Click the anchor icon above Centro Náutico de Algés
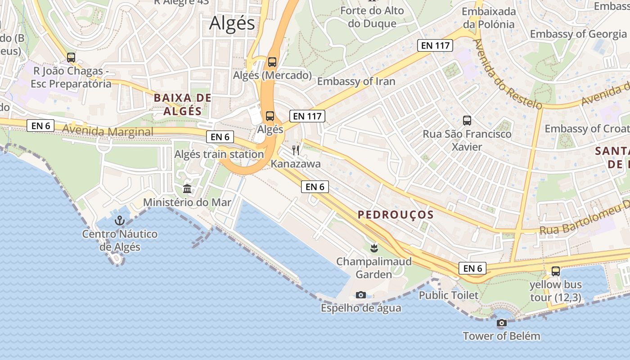pyautogui.click(x=119, y=220)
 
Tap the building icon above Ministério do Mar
pyautogui.click(x=187, y=189)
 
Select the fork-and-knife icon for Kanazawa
pyautogui.click(x=296, y=150)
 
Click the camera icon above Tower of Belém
pyautogui.click(x=501, y=323)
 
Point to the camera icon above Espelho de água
pyautogui.click(x=360, y=295)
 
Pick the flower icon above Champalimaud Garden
pyautogui.click(x=373, y=247)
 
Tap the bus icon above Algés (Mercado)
pyautogui.click(x=272, y=62)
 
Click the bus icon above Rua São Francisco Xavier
pyautogui.click(x=467, y=121)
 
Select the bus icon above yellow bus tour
pyautogui.click(x=556, y=271)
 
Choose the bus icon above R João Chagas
pyautogui.click(x=71, y=58)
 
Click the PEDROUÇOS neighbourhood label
pyautogui.click(x=396, y=215)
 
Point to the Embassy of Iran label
pyautogui.click(x=356, y=81)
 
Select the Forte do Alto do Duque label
pyautogui.click(x=372, y=17)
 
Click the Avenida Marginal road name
pyautogui.click(x=108, y=131)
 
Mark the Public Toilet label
pyautogui.click(x=449, y=295)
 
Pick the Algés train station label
pyautogui.click(x=219, y=154)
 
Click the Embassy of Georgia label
pyautogui.click(x=578, y=34)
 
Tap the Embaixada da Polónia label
pyautogui.click(x=488, y=18)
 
